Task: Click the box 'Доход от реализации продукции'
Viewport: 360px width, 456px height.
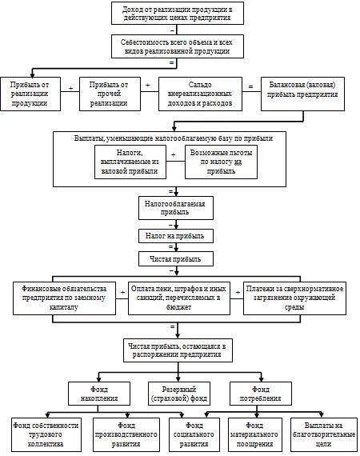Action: (x=178, y=14)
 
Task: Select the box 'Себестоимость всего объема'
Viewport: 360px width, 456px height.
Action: (x=178, y=46)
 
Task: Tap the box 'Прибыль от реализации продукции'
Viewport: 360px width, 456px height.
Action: (x=30, y=94)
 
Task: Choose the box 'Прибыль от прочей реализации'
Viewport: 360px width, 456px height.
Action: (x=110, y=94)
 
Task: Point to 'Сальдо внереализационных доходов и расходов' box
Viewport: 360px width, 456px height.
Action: (x=200, y=94)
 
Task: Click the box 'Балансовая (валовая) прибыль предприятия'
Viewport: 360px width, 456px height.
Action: (x=302, y=94)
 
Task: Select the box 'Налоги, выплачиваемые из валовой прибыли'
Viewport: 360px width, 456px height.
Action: (x=130, y=162)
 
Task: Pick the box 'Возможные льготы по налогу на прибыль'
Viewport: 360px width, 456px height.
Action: (x=221, y=162)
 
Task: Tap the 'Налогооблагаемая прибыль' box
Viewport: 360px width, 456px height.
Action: (x=176, y=208)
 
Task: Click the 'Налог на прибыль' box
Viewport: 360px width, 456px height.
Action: (x=176, y=236)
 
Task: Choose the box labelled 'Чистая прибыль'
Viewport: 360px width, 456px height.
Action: (x=176, y=259)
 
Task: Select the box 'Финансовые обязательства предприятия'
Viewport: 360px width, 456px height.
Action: (x=64, y=298)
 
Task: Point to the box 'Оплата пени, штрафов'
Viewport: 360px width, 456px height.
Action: (x=179, y=298)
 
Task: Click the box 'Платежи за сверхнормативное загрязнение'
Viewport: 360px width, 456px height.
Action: (x=294, y=298)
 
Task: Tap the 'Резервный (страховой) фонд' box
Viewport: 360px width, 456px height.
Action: (x=179, y=394)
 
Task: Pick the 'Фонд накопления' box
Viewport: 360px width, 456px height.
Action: (x=99, y=394)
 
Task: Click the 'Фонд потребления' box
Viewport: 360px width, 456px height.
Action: (x=261, y=394)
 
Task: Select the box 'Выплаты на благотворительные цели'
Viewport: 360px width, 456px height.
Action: (x=324, y=434)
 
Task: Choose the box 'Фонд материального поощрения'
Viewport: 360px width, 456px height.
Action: (x=255, y=434)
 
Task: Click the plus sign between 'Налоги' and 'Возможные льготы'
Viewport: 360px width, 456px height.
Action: (x=174, y=155)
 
